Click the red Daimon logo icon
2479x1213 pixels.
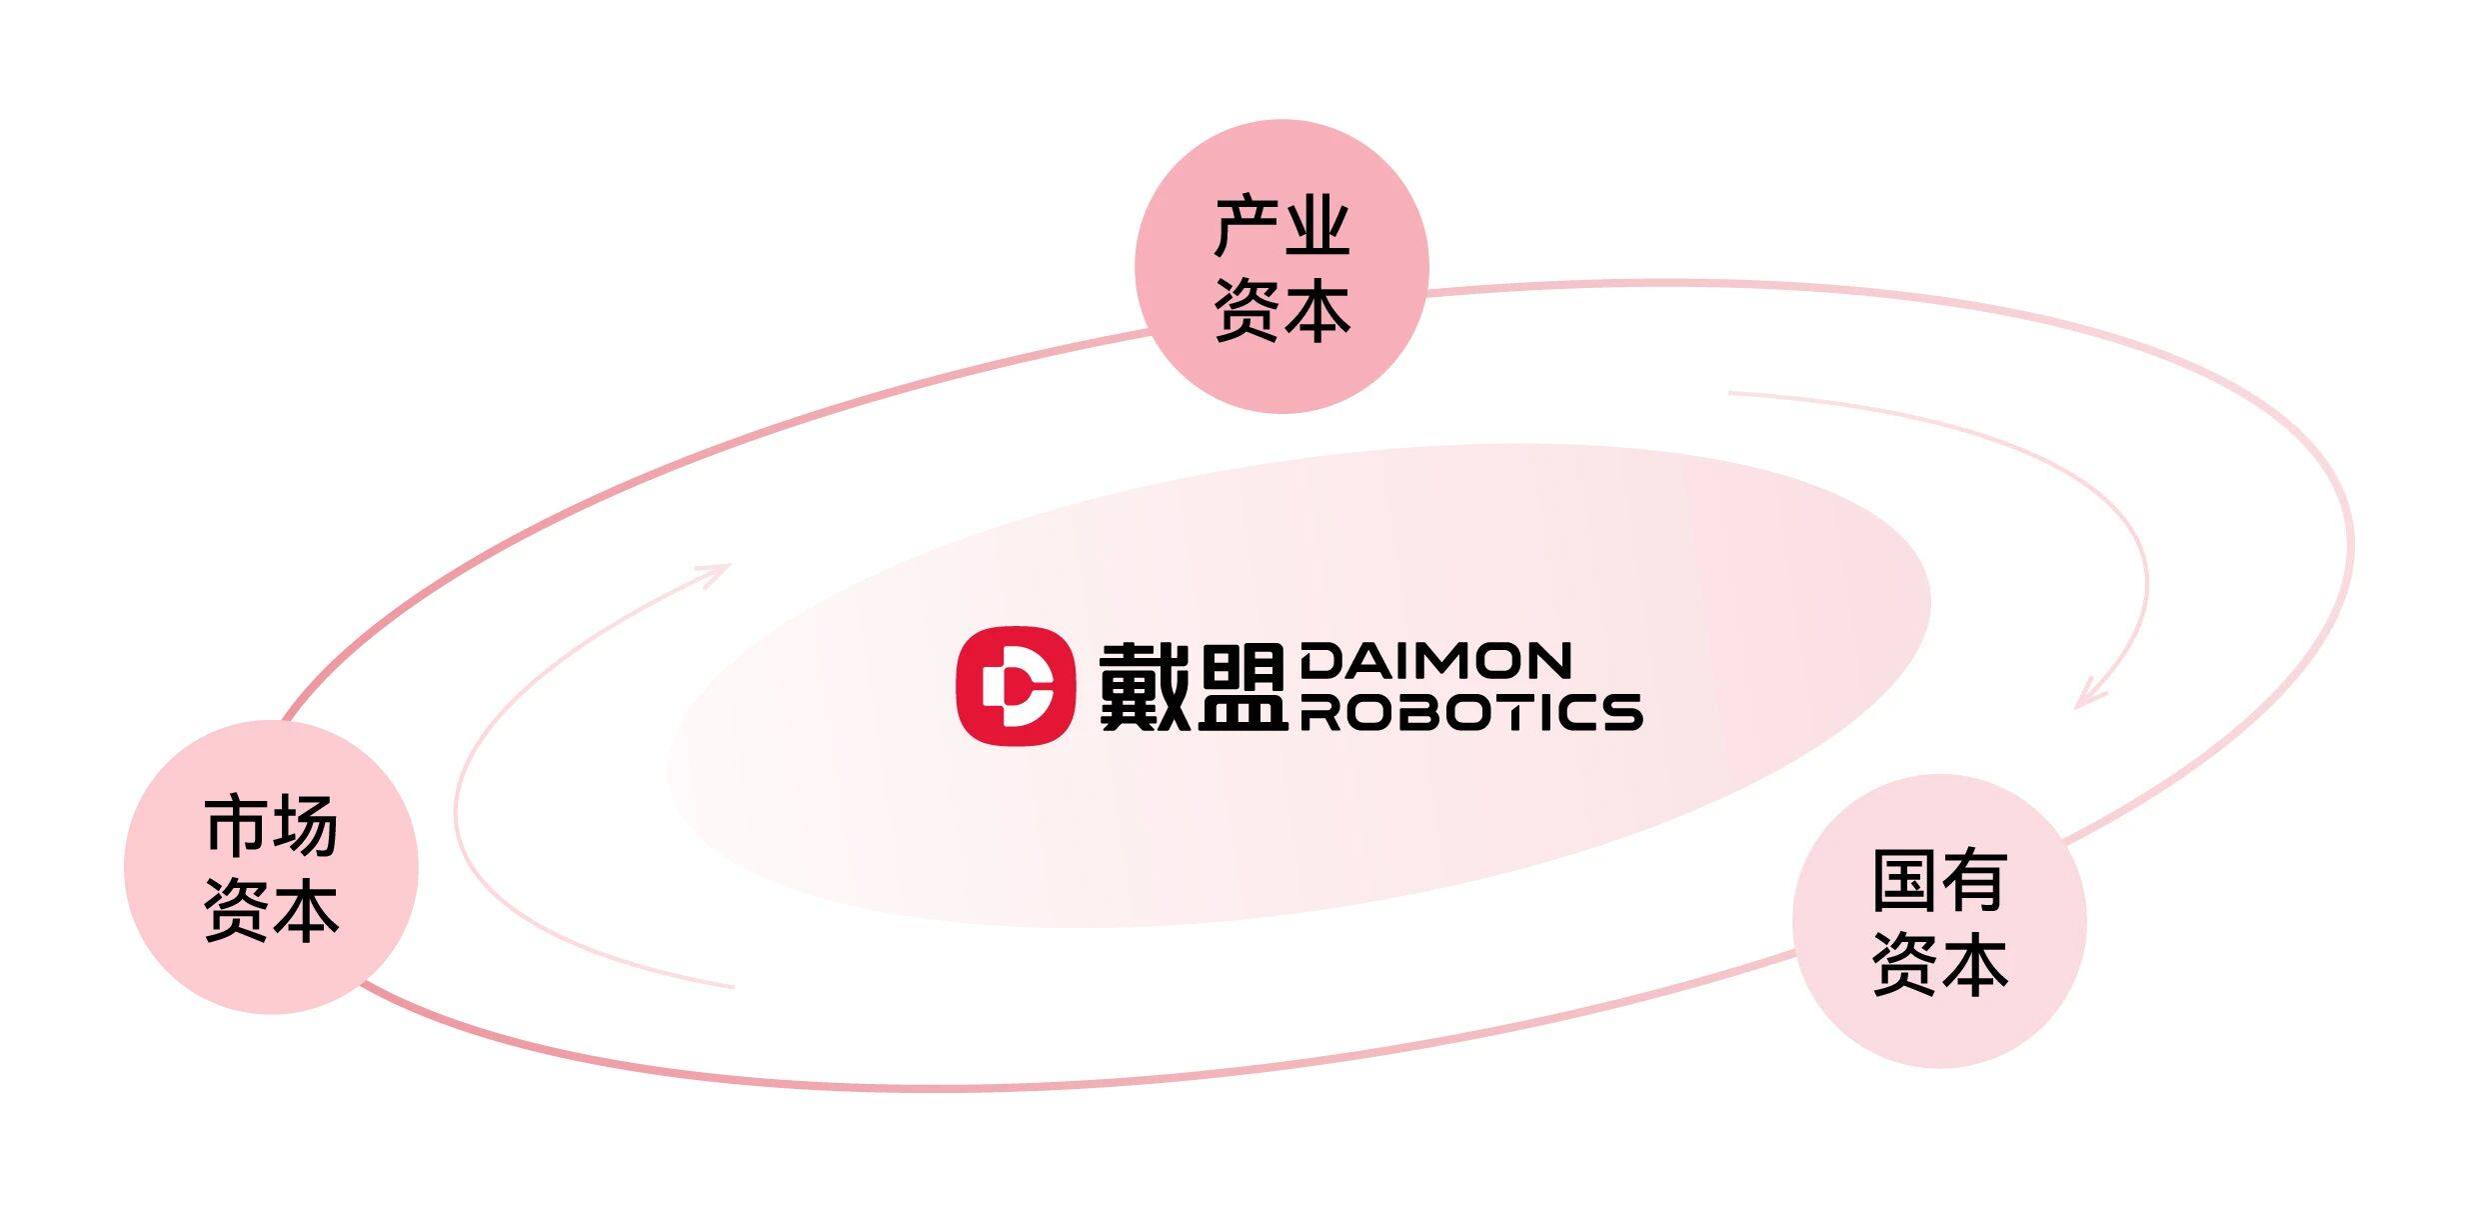pyautogui.click(x=1015, y=685)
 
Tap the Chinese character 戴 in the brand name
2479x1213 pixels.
pyautogui.click(x=1144, y=686)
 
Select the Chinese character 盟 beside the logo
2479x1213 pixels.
pyautogui.click(x=1240, y=686)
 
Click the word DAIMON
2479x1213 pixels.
pyautogui.click(x=1435, y=661)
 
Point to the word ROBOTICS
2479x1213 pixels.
pyautogui.click(x=1470, y=712)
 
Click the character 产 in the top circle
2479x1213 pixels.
pyautogui.click(x=1245, y=228)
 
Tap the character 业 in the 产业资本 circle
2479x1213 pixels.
pyautogui.click(x=1317, y=228)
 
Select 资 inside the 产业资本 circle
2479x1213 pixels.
pyautogui.click(x=1245, y=310)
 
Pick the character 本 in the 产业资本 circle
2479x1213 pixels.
pyautogui.click(x=1317, y=310)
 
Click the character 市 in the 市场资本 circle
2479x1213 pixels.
pyautogui.click(x=236, y=827)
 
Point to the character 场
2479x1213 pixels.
pyautogui.click(x=306, y=827)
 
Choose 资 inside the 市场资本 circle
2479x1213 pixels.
pyautogui.click(x=236, y=910)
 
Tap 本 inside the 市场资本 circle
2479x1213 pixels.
pyautogui.click(x=306, y=910)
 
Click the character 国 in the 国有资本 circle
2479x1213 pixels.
pyautogui.click(x=1904, y=881)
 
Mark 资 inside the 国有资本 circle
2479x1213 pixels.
pyautogui.click(x=1904, y=964)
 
